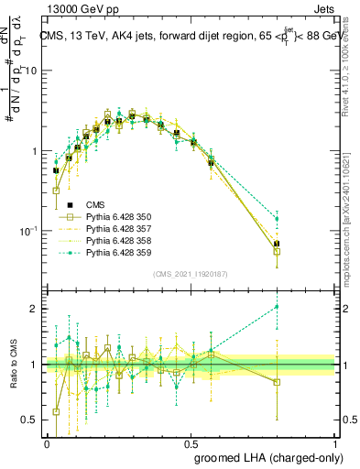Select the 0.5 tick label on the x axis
[191, 442]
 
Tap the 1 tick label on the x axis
[335, 442]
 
